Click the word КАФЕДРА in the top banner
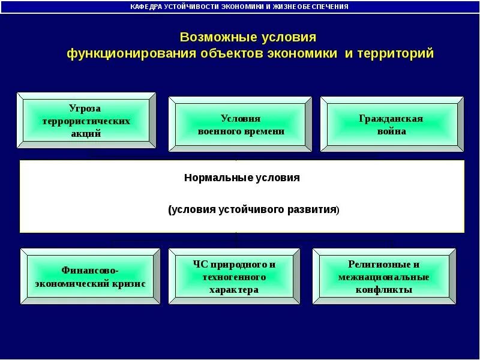coord(148,7)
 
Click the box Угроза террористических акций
coord(86,121)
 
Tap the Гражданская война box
coord(391,124)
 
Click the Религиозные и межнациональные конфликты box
coord(383,277)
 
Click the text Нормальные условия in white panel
coord(241,178)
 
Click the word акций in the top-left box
coord(86,133)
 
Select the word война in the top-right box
coord(392,131)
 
